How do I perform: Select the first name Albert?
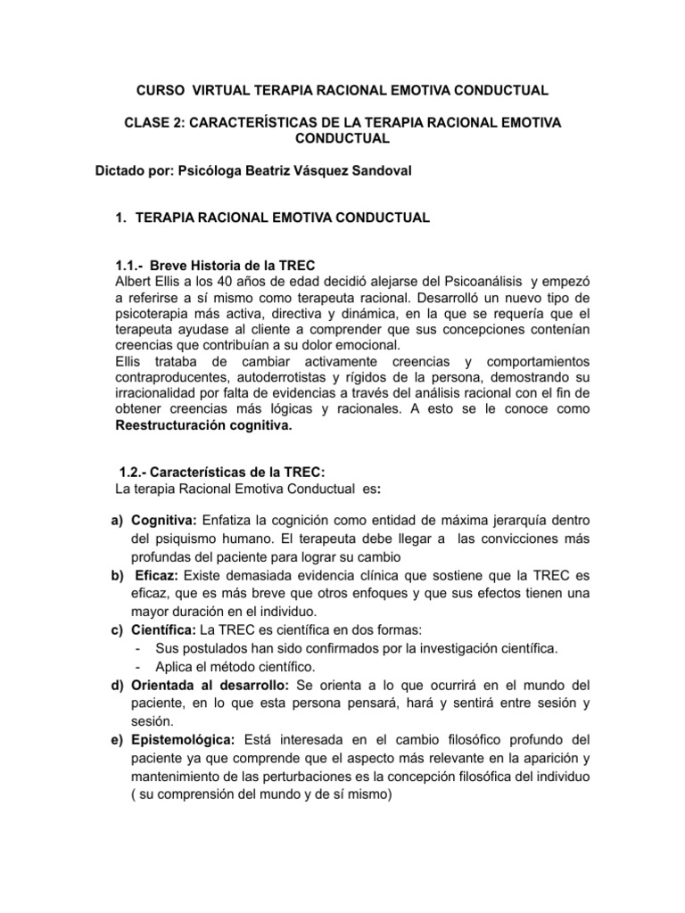(x=134, y=281)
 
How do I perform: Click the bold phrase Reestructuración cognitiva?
(x=203, y=425)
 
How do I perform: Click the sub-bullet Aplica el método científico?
(x=240, y=666)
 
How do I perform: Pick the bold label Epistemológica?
(x=183, y=741)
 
